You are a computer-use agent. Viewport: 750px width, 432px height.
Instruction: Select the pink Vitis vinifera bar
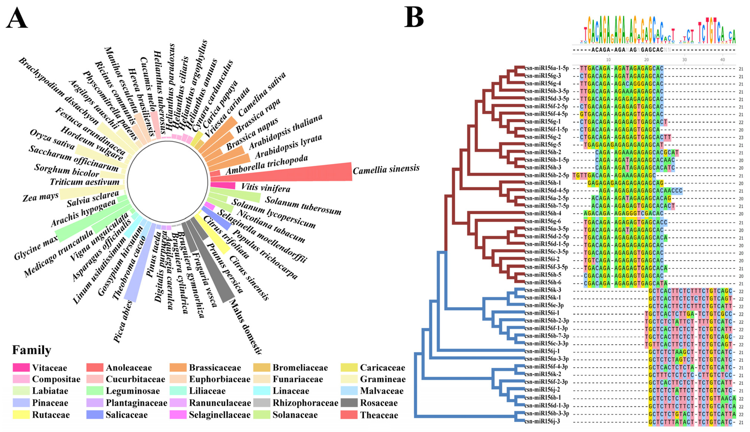(x=223, y=185)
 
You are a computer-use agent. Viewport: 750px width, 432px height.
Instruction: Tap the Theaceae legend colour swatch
(x=349, y=415)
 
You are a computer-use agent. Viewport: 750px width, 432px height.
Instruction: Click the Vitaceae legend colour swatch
(x=21, y=368)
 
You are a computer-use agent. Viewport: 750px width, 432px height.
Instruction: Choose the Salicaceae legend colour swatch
(x=95, y=415)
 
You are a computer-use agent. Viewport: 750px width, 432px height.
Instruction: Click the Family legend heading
(x=31, y=350)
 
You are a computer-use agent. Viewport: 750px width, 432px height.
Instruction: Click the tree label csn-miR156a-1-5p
(x=546, y=68)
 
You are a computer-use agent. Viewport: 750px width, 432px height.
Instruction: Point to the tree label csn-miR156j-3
(x=542, y=421)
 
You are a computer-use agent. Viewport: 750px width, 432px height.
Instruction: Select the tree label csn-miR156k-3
(x=543, y=290)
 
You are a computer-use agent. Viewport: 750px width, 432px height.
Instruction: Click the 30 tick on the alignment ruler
(x=684, y=60)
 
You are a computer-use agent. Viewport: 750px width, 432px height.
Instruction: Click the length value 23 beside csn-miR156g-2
(x=741, y=138)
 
